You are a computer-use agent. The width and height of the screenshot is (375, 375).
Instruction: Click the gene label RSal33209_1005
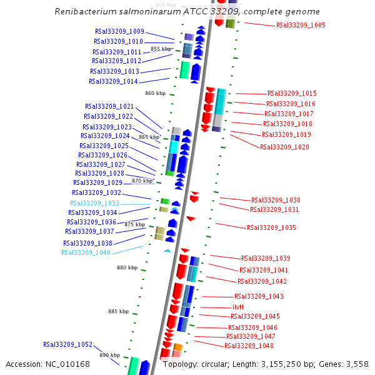pyautogui.click(x=300, y=25)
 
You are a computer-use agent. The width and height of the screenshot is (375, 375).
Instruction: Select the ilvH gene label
pyautogui.click(x=238, y=307)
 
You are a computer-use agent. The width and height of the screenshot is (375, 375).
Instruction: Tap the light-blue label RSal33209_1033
pyautogui.click(x=94, y=203)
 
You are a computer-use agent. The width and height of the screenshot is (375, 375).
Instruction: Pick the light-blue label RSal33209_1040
pyautogui.click(x=86, y=252)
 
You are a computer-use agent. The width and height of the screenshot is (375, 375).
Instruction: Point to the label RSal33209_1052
pyautogui.click(x=67, y=344)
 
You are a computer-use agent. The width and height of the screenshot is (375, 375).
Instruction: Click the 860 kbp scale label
pyautogui.click(x=155, y=93)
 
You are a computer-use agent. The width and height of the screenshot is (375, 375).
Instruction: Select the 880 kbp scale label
pyautogui.click(x=127, y=267)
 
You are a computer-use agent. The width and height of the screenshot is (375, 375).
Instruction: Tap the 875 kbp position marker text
pyautogui.click(x=135, y=224)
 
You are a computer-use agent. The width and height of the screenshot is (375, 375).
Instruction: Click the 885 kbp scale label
pyautogui.click(x=118, y=311)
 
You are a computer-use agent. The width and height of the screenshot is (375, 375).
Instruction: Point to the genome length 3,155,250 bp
pyautogui.click(x=286, y=364)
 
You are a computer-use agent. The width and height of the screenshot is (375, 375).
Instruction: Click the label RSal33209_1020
pyautogui.click(x=284, y=147)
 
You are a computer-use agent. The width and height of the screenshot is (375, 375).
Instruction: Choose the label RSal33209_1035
pyautogui.click(x=271, y=227)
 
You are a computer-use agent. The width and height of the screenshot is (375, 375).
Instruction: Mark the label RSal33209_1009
pyautogui.click(x=119, y=31)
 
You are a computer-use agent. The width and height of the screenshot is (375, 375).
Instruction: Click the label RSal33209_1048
pyautogui.click(x=249, y=346)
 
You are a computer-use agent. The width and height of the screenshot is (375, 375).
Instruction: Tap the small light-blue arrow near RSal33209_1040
pyautogui.click(x=167, y=251)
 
